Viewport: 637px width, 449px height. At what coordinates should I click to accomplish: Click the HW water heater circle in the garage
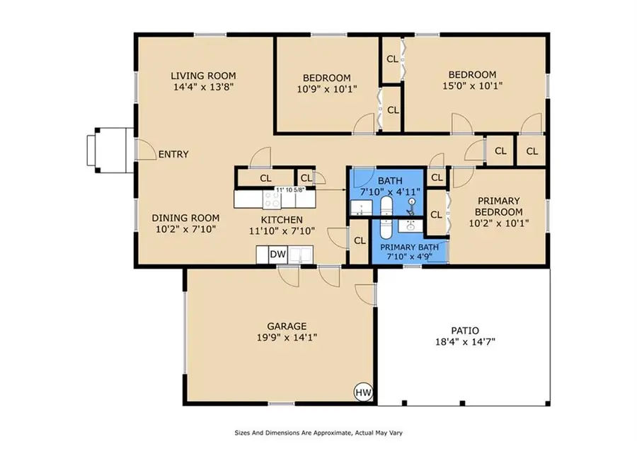[x=362, y=392]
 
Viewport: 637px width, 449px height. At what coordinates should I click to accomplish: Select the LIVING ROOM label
[x=204, y=76]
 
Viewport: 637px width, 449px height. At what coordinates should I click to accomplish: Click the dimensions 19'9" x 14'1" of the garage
[x=287, y=337]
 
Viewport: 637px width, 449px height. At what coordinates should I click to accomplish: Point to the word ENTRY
[x=173, y=154]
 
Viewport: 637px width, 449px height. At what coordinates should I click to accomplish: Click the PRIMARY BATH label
[x=414, y=247]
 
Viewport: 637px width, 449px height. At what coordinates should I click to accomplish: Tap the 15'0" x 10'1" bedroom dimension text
[x=471, y=88]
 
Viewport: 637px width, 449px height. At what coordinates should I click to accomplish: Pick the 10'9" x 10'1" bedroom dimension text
[x=326, y=89]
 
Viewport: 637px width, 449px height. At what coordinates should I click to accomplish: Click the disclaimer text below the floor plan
[x=318, y=432]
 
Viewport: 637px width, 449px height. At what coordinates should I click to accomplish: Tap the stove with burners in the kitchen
[x=272, y=201]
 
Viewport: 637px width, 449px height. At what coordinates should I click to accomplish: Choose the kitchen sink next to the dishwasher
[x=302, y=254]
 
